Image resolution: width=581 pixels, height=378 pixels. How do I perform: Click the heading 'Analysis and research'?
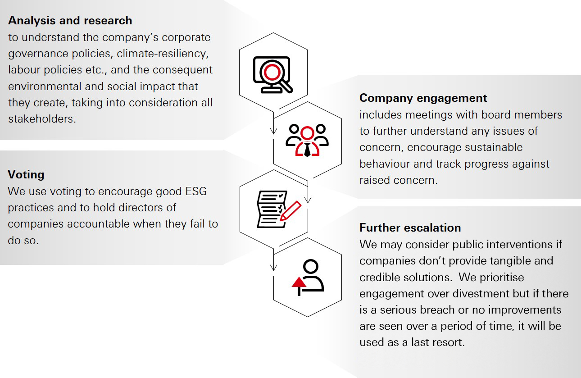coord(70,20)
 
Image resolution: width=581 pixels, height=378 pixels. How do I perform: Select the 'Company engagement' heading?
coord(423,98)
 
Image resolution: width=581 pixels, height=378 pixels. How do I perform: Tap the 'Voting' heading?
coord(26,174)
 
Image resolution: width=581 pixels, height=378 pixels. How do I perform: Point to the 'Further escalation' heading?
coord(410,228)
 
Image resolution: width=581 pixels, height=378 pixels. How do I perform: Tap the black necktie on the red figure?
coord(307,150)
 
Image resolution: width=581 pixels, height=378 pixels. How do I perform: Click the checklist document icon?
coord(272,209)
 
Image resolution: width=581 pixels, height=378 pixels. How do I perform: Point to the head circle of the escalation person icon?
coord(310,267)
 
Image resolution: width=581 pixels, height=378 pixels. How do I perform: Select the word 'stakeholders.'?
coord(42,119)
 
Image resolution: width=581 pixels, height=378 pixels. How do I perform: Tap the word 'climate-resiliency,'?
coord(163,54)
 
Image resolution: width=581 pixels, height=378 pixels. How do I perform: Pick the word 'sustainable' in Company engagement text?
coord(494,147)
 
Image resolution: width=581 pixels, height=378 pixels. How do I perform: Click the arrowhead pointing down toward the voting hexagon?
coord(308,200)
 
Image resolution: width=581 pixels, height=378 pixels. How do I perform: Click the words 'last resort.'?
coord(438,342)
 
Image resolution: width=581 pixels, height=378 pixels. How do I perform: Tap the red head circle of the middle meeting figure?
coord(307,133)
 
